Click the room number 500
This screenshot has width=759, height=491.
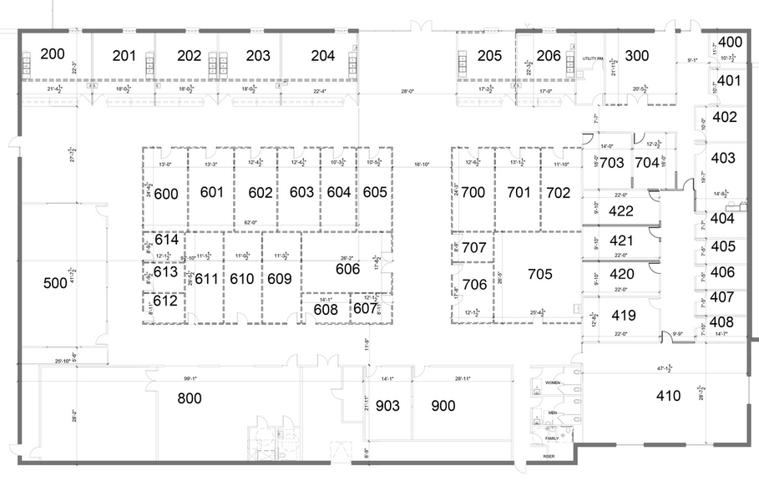coord(55,284)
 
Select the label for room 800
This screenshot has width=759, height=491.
coord(190,398)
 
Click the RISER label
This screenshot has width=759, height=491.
coord(548,457)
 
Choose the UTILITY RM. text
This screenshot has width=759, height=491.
coord(592,58)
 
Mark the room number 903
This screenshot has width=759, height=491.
coord(388,406)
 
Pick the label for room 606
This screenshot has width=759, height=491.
coord(347,269)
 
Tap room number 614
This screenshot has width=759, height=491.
coord(166,240)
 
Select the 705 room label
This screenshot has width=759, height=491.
coord(540,273)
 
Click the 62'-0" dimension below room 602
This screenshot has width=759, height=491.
coord(251,223)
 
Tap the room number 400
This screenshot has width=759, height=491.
coord(731,42)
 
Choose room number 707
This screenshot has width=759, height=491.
coord(473,248)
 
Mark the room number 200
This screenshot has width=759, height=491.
coord(52,54)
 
